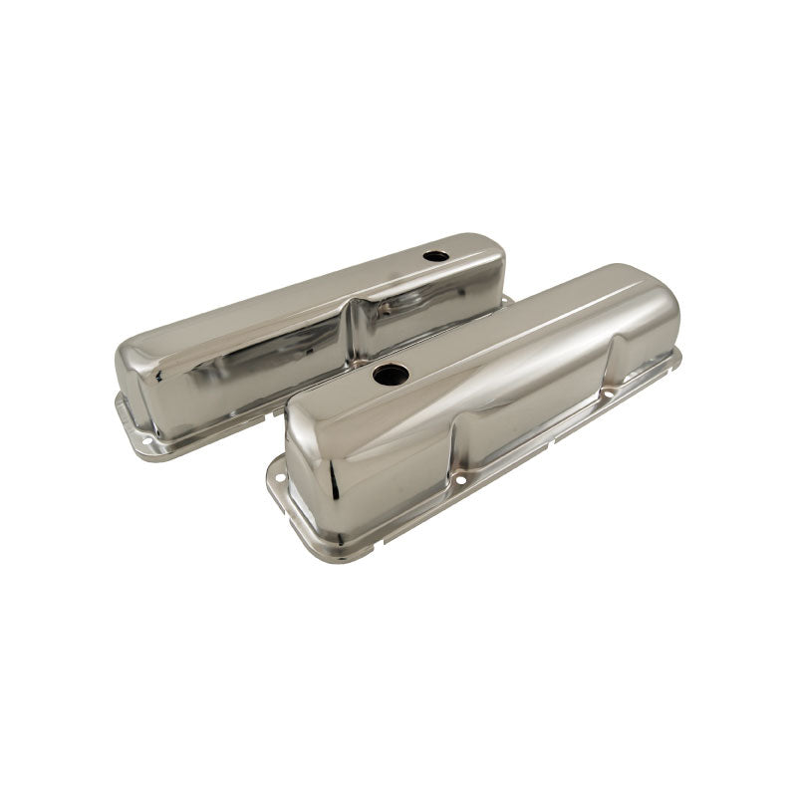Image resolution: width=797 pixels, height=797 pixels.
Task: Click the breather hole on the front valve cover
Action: pyautogui.click(x=391, y=375)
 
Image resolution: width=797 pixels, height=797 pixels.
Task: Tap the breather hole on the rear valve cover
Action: pyautogui.click(x=435, y=256)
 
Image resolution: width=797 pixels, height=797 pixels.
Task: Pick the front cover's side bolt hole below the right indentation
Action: pyautogui.click(x=605, y=395)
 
